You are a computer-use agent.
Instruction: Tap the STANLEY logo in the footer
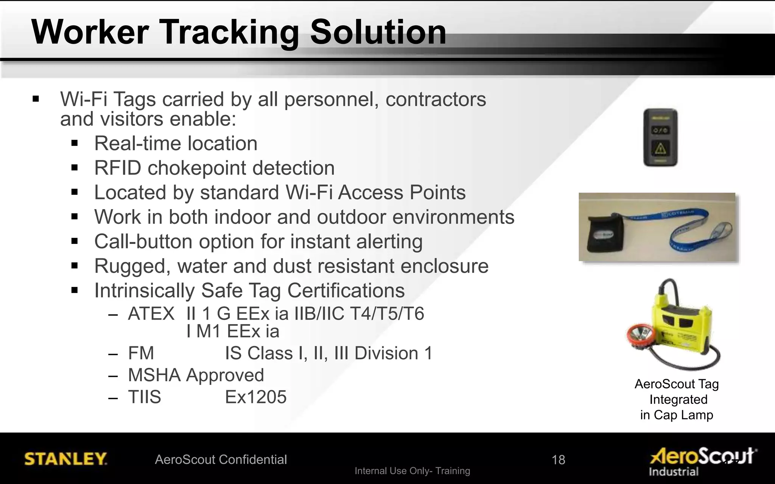[x=65, y=459]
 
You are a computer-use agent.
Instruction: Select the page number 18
[x=558, y=460]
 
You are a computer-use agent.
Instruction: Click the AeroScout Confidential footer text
[x=221, y=459]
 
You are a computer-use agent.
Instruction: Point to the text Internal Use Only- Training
[x=412, y=471]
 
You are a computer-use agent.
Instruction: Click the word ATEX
[x=151, y=314]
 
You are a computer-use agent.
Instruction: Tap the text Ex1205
[x=256, y=397]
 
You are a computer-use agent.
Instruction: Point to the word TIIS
[x=144, y=397]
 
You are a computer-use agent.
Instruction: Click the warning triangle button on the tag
[x=660, y=149]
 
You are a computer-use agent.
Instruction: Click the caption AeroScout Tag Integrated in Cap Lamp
[x=677, y=399]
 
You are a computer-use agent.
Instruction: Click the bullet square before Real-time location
[x=75, y=143]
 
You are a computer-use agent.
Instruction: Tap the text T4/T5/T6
[x=387, y=314]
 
